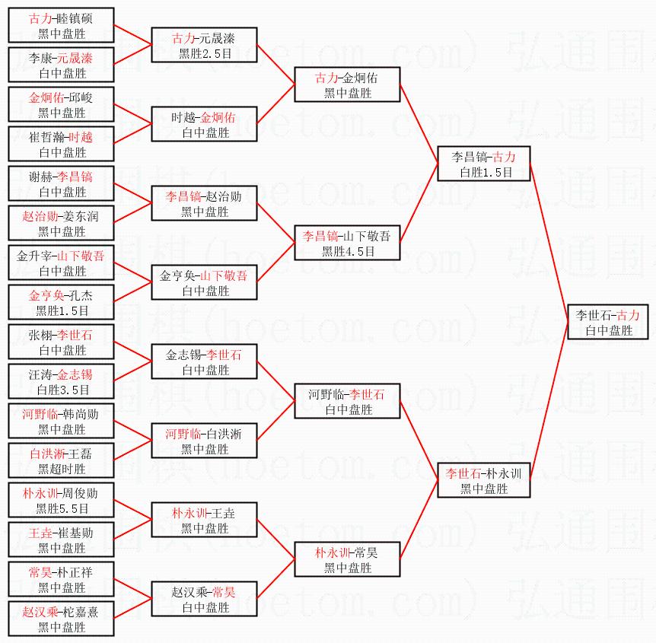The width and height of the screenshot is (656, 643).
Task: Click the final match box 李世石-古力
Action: point(607,322)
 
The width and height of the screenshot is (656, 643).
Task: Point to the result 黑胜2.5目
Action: point(205,53)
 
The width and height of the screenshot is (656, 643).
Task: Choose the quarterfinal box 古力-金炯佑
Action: point(347,84)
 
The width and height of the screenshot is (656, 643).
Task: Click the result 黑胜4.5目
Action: point(348,251)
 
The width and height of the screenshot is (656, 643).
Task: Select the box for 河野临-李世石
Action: point(347,401)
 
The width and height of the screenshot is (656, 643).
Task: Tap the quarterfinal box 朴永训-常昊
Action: point(347,559)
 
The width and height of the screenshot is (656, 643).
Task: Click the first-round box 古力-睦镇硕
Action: point(62,25)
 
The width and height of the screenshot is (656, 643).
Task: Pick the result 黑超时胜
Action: point(62,469)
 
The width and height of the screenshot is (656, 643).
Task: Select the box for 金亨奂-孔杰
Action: point(62,302)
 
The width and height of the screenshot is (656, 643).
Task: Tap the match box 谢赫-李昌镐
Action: point(62,183)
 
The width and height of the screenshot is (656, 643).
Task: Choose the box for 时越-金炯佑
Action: point(205,124)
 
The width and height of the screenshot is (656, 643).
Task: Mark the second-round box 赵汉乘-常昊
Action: point(205,599)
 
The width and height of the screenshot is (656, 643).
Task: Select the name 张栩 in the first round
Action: point(41,335)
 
